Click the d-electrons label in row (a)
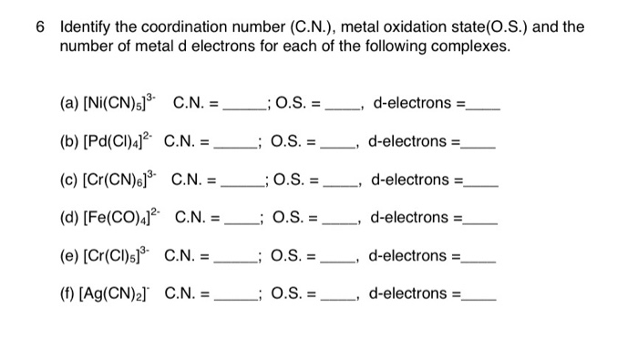click(x=415, y=103)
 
